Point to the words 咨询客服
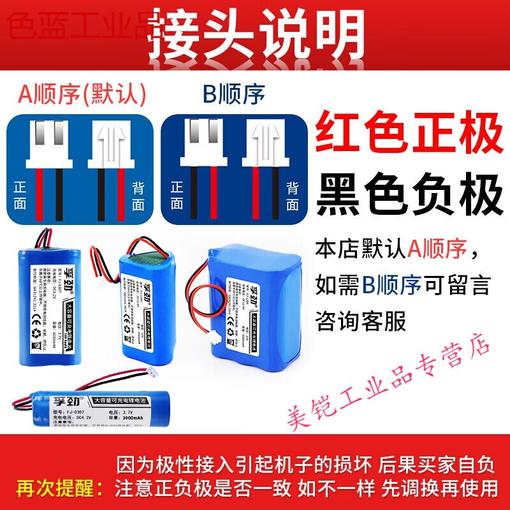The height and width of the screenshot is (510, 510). tap(361, 321)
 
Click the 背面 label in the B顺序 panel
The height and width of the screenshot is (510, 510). tap(293, 195)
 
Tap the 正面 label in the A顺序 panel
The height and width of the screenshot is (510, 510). tap(21, 195)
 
